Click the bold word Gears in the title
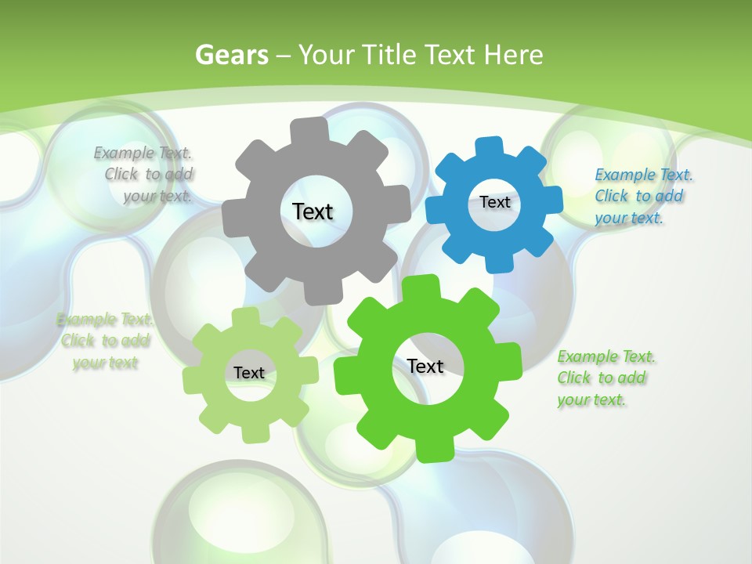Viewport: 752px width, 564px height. tap(231, 55)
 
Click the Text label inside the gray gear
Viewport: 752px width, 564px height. tap(313, 211)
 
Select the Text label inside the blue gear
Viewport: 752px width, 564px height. tap(494, 202)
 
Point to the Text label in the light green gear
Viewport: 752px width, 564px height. tap(248, 373)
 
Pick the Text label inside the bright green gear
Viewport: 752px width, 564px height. tap(425, 366)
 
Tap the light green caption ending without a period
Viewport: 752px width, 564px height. tap(104, 341)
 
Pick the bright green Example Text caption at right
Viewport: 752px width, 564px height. tap(605, 378)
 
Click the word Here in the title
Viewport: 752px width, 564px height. tap(514, 55)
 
